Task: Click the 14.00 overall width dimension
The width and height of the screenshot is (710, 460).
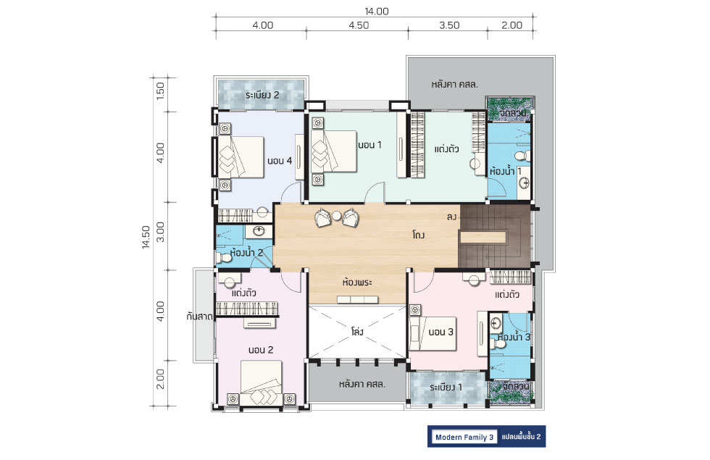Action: point(377,12)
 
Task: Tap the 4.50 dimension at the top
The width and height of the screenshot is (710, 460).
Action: point(359,25)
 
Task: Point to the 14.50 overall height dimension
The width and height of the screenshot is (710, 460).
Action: point(146,238)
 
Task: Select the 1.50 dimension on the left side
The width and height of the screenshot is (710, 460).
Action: point(160,91)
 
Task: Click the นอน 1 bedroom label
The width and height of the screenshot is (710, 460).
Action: point(370,145)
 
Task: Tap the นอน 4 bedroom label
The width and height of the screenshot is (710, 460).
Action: point(280,161)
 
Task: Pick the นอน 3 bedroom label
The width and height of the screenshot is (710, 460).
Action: point(441,332)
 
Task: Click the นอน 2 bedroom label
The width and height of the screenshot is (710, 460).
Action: point(261,350)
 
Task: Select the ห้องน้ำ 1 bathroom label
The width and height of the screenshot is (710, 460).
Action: point(506,171)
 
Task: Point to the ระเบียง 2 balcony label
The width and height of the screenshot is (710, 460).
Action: point(262,95)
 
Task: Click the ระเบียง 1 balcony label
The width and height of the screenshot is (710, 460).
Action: point(446,388)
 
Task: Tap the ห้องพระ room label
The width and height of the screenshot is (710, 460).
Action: point(357,283)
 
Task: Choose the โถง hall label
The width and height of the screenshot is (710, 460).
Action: point(419,235)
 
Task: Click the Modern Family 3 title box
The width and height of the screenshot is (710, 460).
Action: point(464,437)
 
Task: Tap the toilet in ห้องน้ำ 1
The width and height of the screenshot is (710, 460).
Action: point(522,156)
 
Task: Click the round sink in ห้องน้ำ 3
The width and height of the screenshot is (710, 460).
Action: point(496,323)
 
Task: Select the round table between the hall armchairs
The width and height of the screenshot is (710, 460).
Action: point(336,216)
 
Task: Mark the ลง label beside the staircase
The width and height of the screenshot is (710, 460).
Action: point(451,217)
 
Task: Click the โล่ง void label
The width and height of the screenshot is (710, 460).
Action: point(357,332)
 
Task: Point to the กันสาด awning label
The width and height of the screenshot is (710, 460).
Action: point(199,317)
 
